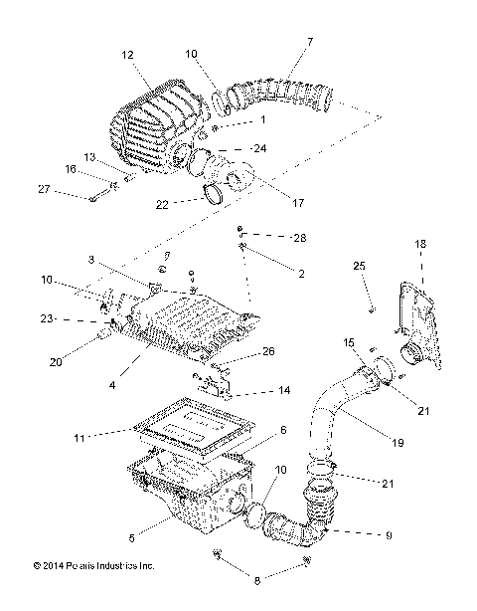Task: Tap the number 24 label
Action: (260, 148)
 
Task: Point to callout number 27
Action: (44, 188)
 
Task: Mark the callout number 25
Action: (360, 266)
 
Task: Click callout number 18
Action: (419, 243)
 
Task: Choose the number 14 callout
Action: (284, 391)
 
